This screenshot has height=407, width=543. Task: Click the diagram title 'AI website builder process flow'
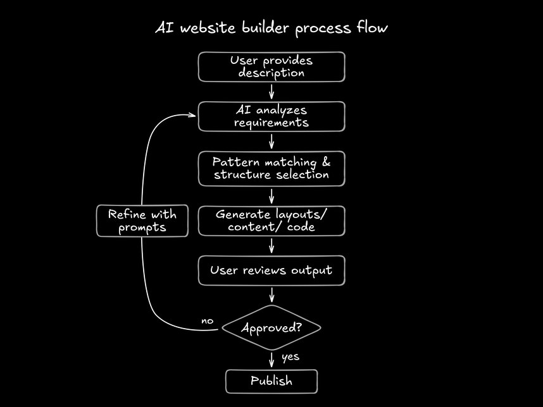click(x=271, y=28)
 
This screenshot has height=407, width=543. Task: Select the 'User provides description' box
click(x=271, y=67)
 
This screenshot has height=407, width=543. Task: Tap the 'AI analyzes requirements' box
click(x=271, y=116)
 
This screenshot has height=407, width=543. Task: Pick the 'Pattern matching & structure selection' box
click(x=271, y=168)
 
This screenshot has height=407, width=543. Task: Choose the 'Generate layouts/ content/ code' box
click(x=271, y=221)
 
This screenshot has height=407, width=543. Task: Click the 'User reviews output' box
click(x=271, y=270)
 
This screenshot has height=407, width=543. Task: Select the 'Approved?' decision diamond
click(x=271, y=328)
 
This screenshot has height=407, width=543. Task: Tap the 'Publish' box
click(x=271, y=381)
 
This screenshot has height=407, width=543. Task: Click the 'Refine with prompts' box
click(x=142, y=221)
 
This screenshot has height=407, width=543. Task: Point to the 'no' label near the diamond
click(x=208, y=321)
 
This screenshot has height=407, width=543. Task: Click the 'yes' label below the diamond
click(x=290, y=357)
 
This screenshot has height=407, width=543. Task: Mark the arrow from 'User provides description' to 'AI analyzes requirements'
click(x=271, y=92)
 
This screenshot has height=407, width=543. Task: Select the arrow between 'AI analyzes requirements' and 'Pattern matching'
click(x=271, y=141)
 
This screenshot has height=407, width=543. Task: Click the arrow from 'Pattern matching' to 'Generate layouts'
click(x=271, y=195)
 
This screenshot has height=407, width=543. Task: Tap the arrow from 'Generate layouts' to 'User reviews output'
click(x=271, y=245)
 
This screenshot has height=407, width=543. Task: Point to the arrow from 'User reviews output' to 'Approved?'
click(x=271, y=295)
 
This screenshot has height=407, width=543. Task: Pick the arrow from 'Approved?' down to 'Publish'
click(x=271, y=359)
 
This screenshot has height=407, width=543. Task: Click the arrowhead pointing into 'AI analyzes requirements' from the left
click(x=192, y=114)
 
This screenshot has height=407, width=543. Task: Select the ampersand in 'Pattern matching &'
click(x=322, y=162)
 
